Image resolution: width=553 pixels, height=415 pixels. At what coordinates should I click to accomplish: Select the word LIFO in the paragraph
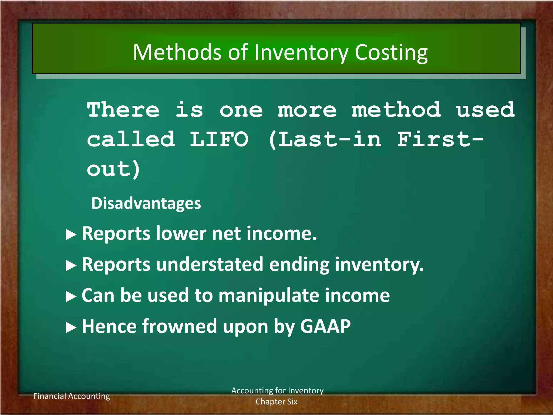219,139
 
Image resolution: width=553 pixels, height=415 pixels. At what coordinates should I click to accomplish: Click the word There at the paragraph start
123,110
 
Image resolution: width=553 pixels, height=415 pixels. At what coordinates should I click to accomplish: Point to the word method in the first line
396,110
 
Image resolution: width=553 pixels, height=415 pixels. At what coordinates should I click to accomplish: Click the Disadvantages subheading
146,203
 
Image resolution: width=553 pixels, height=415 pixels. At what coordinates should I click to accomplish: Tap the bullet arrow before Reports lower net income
71,235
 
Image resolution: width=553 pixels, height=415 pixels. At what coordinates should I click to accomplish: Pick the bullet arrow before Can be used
71,297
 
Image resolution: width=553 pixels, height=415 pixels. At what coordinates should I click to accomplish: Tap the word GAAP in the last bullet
325,326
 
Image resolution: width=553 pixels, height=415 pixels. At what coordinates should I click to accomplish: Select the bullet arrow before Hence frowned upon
71,328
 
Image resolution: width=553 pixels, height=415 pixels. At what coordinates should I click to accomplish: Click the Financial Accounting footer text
72,396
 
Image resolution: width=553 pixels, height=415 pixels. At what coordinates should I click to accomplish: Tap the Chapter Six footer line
276,402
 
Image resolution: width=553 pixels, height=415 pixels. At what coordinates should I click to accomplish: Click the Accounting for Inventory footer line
277,391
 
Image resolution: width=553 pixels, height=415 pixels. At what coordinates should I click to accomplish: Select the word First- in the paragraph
440,139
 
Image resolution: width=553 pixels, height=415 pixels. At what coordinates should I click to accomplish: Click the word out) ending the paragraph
113,169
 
